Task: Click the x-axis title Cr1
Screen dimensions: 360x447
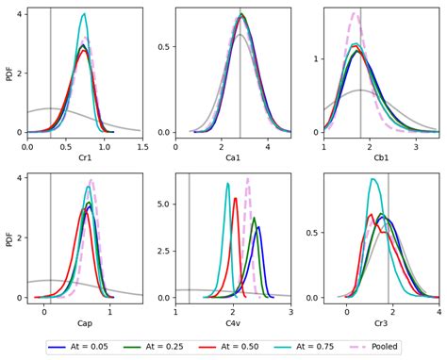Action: (84, 158)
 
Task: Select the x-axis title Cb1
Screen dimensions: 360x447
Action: (381, 158)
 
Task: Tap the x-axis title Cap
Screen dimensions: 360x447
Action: (84, 323)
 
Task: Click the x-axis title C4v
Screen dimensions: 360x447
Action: (232, 323)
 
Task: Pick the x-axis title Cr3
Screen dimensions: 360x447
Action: (381, 323)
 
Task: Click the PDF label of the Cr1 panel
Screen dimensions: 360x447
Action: (9, 73)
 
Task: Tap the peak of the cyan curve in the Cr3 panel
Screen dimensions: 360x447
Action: (373, 179)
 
